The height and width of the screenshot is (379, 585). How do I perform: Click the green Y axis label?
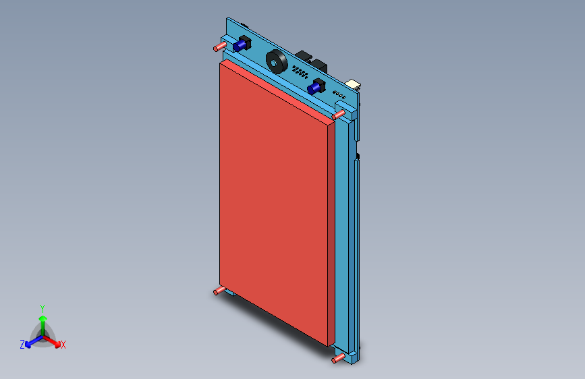click(43, 309)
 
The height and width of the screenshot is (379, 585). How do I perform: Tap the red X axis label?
click(63, 345)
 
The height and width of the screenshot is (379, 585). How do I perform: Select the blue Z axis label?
click(22, 345)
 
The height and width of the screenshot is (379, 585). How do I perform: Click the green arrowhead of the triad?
click(43, 318)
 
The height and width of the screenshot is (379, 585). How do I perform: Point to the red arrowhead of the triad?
click(57, 345)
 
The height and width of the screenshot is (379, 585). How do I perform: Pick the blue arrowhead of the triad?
click(28, 345)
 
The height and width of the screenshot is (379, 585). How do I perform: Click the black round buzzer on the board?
click(277, 61)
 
